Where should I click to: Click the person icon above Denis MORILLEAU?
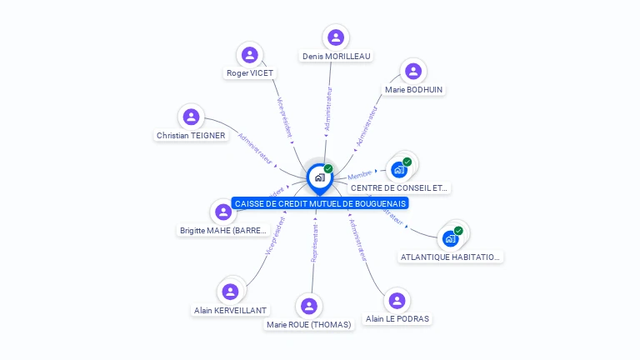[x=336, y=37]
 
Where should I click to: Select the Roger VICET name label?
[x=250, y=72]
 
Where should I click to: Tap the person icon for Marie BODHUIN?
[x=413, y=71]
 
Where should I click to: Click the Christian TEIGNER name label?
[x=191, y=135]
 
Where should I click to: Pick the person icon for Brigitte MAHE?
[x=223, y=212]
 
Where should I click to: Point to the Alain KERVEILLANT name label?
[x=231, y=310]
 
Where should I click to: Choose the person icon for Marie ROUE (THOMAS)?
[x=309, y=306]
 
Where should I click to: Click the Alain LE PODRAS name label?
[x=398, y=318]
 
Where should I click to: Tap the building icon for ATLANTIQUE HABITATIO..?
[x=451, y=238]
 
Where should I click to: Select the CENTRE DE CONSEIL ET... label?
[x=400, y=187]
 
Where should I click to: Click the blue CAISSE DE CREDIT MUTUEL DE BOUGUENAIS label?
[x=321, y=203]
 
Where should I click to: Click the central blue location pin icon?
[x=319, y=177]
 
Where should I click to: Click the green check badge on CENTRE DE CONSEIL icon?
[x=407, y=162]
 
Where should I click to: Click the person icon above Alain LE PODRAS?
[x=397, y=300]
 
